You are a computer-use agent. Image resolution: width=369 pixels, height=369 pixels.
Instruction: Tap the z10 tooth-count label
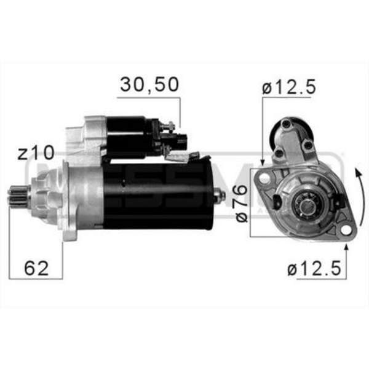coord(36,153)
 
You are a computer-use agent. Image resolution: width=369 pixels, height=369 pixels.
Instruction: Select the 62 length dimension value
coord(37,268)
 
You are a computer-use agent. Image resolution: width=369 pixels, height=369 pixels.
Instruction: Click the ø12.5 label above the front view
coord(288,87)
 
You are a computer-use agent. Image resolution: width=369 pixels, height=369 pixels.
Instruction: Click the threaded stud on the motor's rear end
coord(221,196)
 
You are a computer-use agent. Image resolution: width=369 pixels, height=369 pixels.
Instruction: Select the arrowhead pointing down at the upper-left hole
coord(263,161)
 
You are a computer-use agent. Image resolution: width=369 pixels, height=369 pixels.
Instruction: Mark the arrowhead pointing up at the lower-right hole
coord(346,248)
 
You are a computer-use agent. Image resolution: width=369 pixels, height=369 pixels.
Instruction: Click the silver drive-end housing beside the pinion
coord(77,197)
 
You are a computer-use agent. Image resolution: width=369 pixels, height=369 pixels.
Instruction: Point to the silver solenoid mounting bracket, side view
coord(83,135)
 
